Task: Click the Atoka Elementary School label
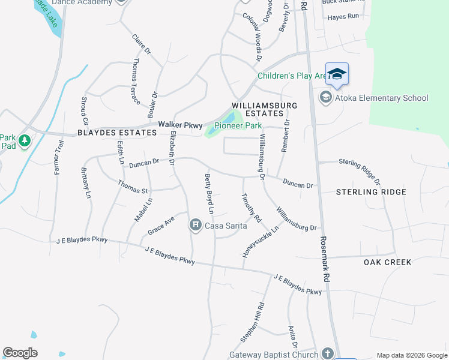tap(381, 98)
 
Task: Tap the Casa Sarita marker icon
tap(195, 225)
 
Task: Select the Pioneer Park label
tap(238, 126)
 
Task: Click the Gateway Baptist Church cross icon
tap(327, 353)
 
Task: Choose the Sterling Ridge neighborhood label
tap(371, 192)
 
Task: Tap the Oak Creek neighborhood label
tap(388, 262)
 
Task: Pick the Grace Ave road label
tap(161, 226)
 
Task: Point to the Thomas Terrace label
tap(136, 81)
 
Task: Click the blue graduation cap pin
tap(337, 74)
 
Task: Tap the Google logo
tap(20, 353)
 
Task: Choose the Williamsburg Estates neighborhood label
tap(258, 109)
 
